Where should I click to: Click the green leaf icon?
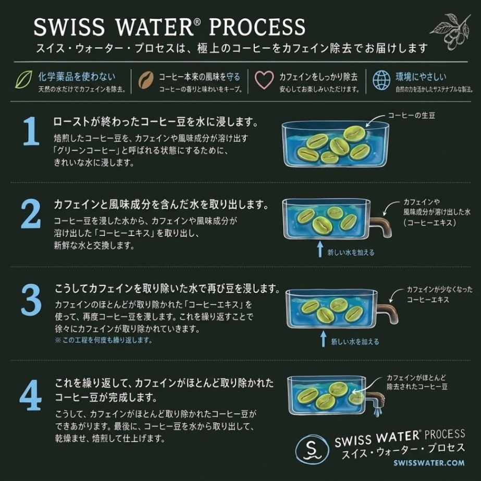tap(23, 80)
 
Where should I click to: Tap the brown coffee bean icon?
tap(146, 80)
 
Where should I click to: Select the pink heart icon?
tap(264, 80)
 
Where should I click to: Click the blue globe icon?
tap(381, 80)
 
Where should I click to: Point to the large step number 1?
tap(32, 131)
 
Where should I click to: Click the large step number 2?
tap(31, 214)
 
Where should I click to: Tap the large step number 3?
tap(31, 300)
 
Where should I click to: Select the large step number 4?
tap(31, 395)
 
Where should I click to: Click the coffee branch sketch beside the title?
tap(451, 31)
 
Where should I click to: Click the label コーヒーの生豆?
tap(411, 115)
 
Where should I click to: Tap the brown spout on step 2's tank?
tap(381, 226)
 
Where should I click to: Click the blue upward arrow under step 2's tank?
tap(320, 249)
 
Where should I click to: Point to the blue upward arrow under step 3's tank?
tap(323, 338)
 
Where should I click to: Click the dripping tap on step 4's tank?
tap(377, 402)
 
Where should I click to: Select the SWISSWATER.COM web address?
tap(429, 463)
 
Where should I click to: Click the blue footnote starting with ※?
tap(104, 340)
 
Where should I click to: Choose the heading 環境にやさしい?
tap(421, 77)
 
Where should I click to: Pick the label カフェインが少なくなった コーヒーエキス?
tap(440, 294)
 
